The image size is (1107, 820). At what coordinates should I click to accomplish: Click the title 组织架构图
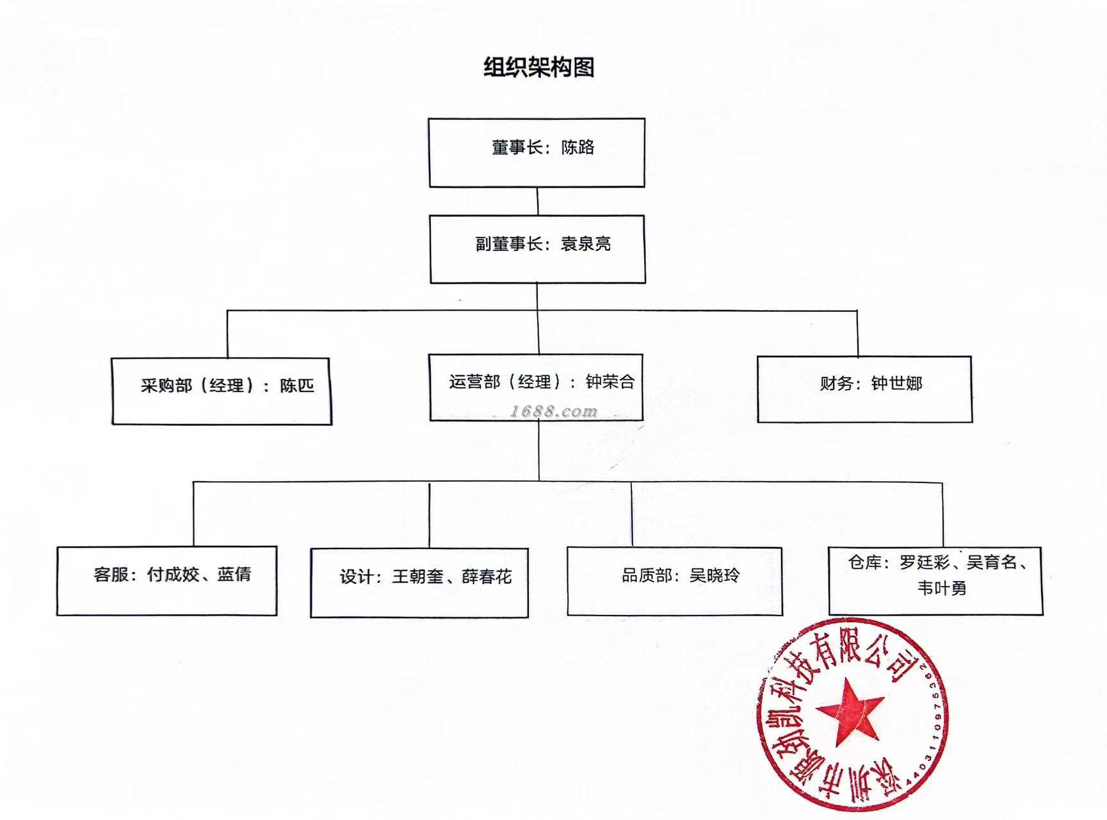pos(538,67)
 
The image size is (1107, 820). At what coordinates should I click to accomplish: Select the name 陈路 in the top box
pos(578,147)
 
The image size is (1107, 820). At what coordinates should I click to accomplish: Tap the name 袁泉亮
pos(586,244)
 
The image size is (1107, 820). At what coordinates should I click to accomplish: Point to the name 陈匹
pos(297,386)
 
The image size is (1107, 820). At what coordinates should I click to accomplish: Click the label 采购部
pos(166,386)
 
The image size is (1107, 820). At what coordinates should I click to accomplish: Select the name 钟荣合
pos(610,382)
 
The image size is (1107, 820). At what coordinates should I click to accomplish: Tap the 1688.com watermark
pos(553,411)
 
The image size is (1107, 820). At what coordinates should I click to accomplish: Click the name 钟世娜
pos(896,383)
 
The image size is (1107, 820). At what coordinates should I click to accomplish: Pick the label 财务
pos(836,383)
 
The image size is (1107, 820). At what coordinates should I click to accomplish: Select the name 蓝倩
pos(234,574)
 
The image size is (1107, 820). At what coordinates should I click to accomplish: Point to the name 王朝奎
pos(417,577)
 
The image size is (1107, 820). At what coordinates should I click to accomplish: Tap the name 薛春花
pos(487,577)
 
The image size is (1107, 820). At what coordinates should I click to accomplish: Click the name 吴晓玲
pos(714,575)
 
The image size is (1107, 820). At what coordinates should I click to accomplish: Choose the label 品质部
pos(647,575)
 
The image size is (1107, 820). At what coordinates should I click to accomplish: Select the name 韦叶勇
pos(941,588)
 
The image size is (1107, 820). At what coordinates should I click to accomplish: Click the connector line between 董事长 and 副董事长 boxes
pos(537,201)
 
